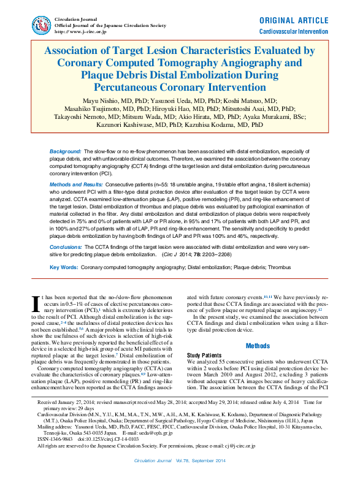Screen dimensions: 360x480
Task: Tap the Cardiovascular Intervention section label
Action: [293, 30]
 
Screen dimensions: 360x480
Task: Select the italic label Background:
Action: [65, 151]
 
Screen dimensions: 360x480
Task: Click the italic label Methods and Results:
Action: [76, 184]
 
